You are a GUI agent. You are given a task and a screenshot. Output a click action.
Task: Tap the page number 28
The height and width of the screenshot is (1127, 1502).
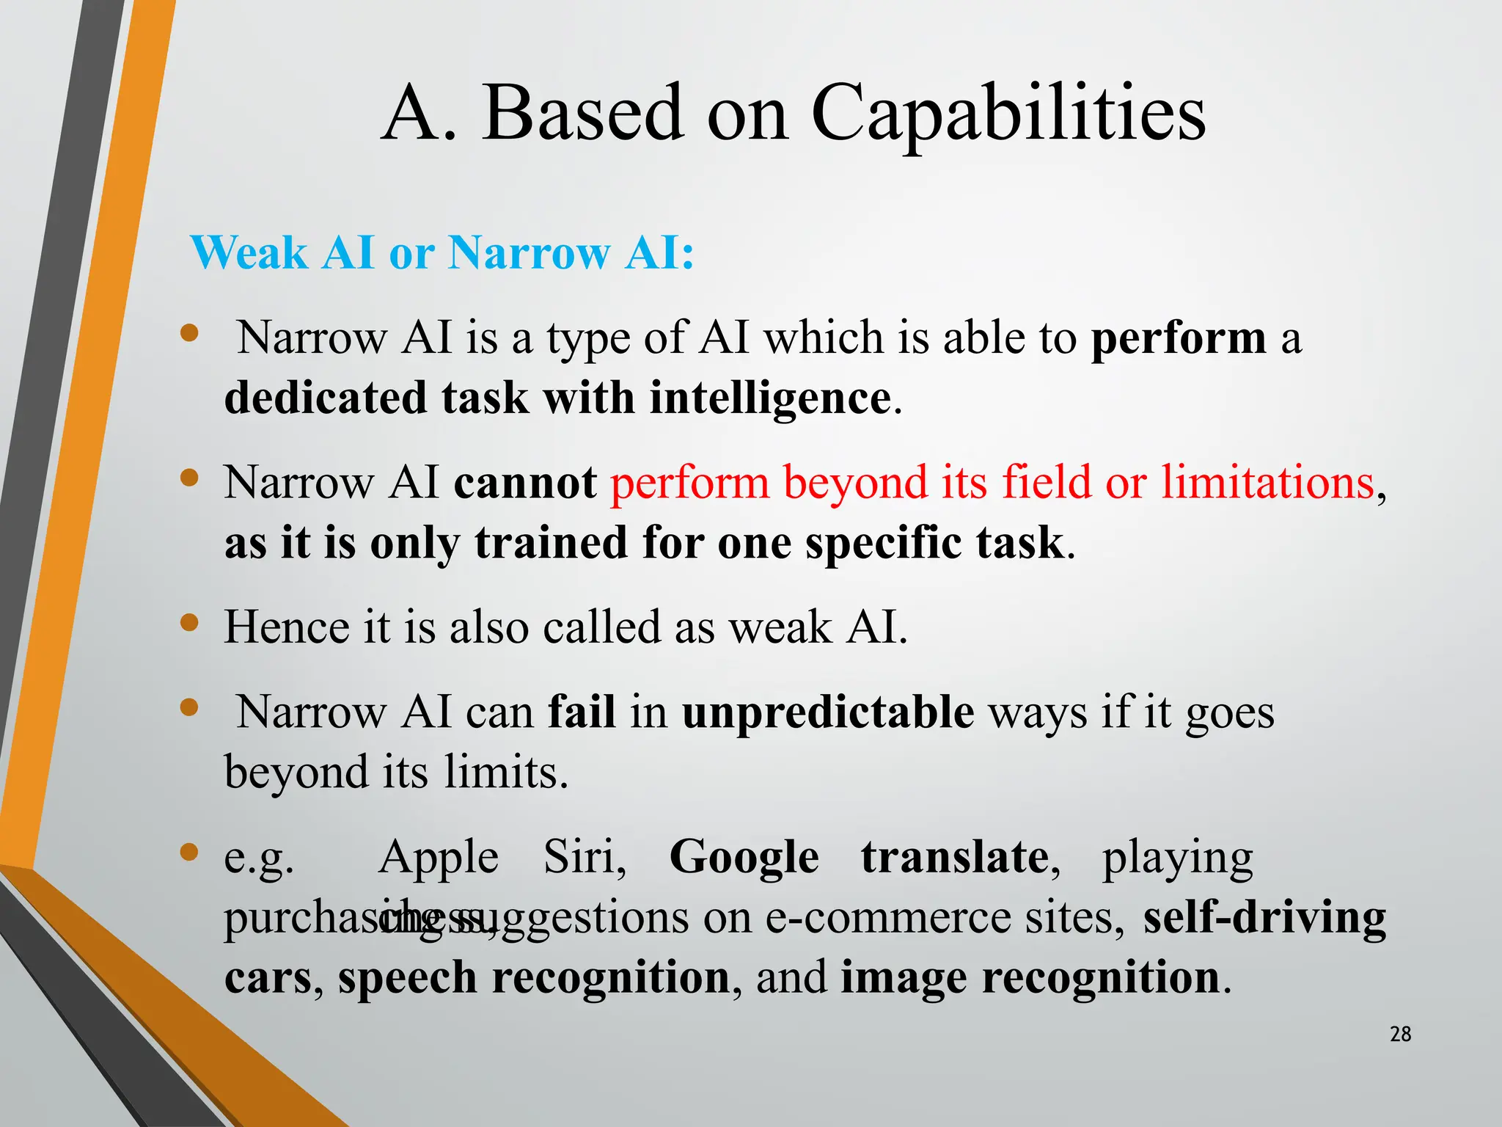tap(1400, 1034)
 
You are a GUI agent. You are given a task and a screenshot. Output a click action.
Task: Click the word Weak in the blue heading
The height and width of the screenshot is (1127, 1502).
tap(249, 253)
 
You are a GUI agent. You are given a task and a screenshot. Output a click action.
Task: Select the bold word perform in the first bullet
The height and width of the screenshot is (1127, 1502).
tap(1179, 338)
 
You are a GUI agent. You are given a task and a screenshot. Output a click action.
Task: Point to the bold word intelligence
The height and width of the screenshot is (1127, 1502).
tap(770, 398)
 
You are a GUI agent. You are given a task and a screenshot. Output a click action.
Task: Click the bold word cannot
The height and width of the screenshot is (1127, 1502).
tap(525, 483)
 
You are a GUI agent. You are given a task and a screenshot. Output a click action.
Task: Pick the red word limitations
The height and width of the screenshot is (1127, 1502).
tap(1267, 483)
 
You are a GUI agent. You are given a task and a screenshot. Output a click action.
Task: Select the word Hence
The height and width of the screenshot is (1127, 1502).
tap(287, 627)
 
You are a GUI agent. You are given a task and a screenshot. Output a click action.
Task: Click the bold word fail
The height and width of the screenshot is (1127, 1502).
tap(582, 712)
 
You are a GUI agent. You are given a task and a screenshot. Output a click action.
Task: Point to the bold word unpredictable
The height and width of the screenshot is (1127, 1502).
tap(828, 712)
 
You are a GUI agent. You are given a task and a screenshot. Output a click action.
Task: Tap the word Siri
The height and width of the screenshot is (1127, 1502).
tap(585, 857)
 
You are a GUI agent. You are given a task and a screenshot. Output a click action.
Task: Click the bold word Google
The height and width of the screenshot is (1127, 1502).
tap(744, 857)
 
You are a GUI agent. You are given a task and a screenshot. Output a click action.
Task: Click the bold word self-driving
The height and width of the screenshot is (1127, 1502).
tap(1264, 917)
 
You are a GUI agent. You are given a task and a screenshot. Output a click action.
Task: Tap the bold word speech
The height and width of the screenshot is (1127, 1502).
tap(407, 978)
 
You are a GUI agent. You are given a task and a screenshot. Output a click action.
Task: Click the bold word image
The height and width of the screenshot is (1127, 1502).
tap(903, 978)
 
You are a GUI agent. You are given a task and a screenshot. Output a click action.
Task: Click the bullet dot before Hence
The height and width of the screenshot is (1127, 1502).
tap(189, 623)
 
